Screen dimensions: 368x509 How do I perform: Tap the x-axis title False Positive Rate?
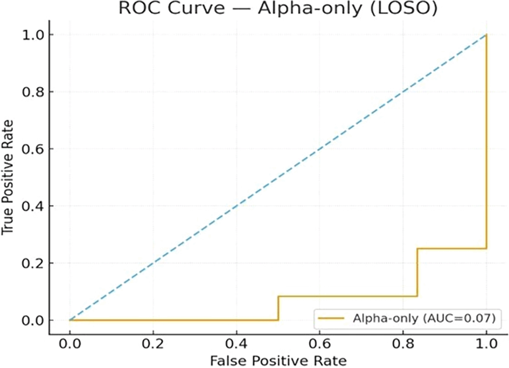click(x=277, y=359)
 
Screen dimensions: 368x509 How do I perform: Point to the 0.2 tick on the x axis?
click(x=153, y=342)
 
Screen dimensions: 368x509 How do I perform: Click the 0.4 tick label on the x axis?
click(x=236, y=342)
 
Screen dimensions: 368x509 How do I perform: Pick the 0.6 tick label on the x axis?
click(x=320, y=342)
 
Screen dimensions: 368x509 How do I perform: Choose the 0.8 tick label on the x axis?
click(x=403, y=342)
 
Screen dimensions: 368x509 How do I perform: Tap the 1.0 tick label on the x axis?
click(x=486, y=342)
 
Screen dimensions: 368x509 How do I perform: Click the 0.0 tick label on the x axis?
click(x=69, y=342)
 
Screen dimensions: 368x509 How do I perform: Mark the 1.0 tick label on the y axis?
click(x=33, y=35)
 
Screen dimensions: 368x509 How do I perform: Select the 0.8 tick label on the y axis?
click(x=33, y=92)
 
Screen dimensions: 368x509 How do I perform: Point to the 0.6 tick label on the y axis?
click(x=33, y=149)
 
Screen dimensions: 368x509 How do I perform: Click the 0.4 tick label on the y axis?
click(x=33, y=206)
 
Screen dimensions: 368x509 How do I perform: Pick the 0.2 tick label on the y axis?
click(x=33, y=263)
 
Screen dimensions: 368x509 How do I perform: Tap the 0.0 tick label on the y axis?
click(x=33, y=321)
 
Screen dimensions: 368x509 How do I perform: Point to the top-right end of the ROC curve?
click(x=486, y=35)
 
